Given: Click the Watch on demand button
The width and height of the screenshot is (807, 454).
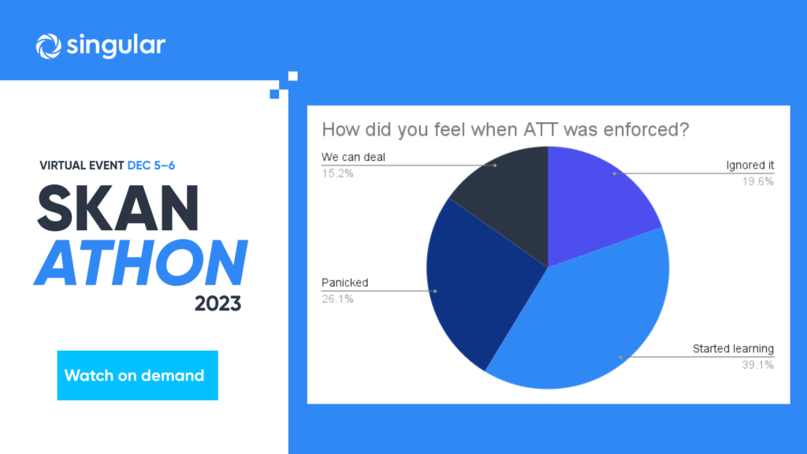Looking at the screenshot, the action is [137, 375].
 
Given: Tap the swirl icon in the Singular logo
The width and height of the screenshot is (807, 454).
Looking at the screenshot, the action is [48, 47].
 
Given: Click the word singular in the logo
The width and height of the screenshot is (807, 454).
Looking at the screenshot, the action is [117, 45].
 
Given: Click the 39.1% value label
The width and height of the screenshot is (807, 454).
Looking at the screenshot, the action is [757, 365].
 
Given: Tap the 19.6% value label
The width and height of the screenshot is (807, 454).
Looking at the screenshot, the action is [757, 181].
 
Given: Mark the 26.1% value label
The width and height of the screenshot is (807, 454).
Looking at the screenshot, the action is [337, 299].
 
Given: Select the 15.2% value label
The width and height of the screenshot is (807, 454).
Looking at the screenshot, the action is [337, 173].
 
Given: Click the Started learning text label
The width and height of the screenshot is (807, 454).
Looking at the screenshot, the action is [733, 349].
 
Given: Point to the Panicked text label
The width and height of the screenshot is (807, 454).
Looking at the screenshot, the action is [345, 283].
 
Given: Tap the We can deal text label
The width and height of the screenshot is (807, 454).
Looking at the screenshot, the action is [353, 157].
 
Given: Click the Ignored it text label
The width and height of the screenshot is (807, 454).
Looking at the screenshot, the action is [750, 166].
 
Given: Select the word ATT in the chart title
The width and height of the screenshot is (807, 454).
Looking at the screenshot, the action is [541, 130].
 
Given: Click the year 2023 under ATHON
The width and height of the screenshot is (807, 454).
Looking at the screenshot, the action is [218, 303].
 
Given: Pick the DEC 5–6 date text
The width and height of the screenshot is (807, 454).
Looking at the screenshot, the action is [151, 166].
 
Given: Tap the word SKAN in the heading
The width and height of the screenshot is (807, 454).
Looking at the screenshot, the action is [118, 208].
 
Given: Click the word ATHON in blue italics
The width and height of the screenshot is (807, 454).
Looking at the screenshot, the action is [140, 262].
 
